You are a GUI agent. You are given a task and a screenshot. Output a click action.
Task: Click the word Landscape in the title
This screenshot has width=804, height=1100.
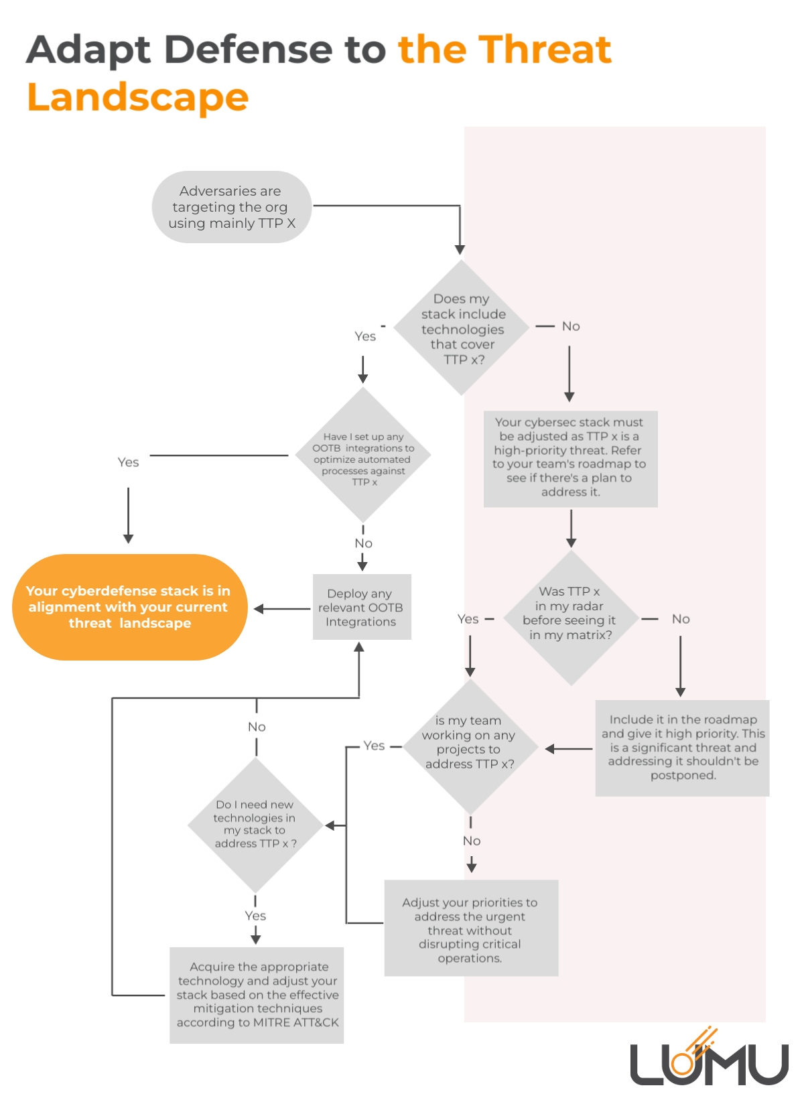[137, 98]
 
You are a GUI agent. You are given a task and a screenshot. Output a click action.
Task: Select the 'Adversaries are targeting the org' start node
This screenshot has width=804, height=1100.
[231, 207]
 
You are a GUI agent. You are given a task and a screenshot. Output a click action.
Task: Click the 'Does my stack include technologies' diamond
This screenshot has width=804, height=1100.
[462, 328]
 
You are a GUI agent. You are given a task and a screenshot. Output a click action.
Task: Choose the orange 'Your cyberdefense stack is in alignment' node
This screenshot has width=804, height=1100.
[129, 607]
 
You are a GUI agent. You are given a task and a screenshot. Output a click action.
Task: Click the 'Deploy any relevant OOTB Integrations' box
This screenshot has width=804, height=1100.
[361, 607]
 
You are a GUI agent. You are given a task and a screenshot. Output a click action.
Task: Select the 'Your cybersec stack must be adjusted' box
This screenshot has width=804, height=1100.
[570, 458]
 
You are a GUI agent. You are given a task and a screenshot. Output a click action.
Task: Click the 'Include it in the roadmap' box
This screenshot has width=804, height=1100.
[682, 748]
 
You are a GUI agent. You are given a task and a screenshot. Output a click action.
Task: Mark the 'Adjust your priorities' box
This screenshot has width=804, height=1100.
[470, 929]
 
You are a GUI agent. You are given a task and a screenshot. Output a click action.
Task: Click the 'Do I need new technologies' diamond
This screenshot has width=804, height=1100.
[255, 825]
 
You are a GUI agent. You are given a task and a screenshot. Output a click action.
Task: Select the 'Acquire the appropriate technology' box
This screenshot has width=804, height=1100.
[257, 995]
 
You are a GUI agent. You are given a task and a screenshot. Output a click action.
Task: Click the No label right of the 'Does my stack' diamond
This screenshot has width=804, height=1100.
[571, 326]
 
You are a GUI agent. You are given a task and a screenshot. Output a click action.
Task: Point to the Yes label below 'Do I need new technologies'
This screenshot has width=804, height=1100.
[255, 916]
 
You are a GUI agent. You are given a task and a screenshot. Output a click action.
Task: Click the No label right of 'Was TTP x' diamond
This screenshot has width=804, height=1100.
[681, 619]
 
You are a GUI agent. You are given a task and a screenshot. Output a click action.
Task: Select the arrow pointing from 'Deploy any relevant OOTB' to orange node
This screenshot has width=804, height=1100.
[281, 609]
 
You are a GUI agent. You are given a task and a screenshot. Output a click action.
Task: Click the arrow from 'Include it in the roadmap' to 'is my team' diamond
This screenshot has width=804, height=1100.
[568, 749]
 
